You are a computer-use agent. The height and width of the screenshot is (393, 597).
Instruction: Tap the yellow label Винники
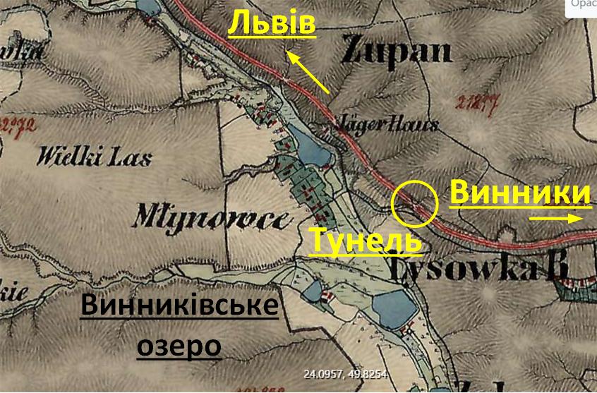click(519, 193)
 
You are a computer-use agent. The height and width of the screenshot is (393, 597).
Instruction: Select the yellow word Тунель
click(366, 241)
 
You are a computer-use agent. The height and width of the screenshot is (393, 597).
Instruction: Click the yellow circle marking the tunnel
click(414, 203)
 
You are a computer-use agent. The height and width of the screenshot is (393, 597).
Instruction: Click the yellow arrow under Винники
click(555, 219)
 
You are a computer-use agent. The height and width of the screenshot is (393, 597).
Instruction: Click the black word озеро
click(179, 346)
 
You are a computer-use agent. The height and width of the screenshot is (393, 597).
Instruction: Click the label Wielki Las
click(96, 155)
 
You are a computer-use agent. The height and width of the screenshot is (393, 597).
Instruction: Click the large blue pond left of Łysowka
click(395, 310)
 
